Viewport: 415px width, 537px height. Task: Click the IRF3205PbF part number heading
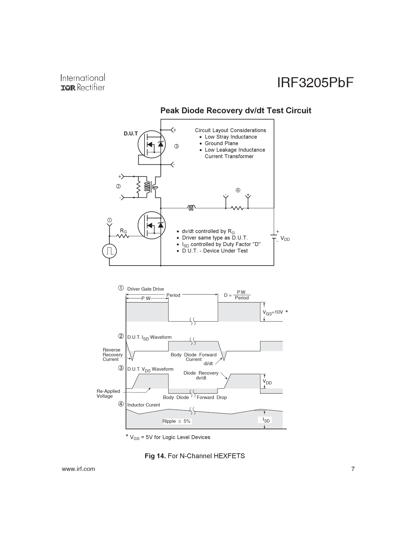(x=315, y=83)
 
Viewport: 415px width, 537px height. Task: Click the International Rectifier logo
(x=83, y=82)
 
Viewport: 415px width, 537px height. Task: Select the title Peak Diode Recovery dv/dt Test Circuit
(x=236, y=110)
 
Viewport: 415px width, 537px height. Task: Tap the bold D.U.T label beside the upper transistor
(x=131, y=134)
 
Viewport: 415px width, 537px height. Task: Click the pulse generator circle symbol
(x=109, y=251)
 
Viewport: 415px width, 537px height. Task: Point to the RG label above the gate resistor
(x=123, y=231)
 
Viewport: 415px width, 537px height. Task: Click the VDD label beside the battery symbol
(x=285, y=239)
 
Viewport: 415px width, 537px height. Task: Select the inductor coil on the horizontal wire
(x=192, y=208)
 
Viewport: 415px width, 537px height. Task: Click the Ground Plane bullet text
(x=221, y=143)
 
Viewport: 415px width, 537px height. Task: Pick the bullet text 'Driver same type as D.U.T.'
(x=215, y=238)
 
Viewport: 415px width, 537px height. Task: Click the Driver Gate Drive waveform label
(x=145, y=289)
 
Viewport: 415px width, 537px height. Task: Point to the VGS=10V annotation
(x=273, y=312)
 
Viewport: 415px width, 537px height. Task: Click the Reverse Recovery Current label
(x=113, y=355)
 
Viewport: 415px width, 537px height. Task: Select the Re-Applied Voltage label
(x=108, y=394)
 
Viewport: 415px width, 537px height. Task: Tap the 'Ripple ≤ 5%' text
(x=176, y=421)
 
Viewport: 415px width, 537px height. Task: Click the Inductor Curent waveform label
(x=143, y=405)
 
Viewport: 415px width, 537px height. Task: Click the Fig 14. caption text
(x=195, y=456)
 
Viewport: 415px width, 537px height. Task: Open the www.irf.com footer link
(x=78, y=469)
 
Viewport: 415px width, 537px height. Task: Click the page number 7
(x=353, y=469)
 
